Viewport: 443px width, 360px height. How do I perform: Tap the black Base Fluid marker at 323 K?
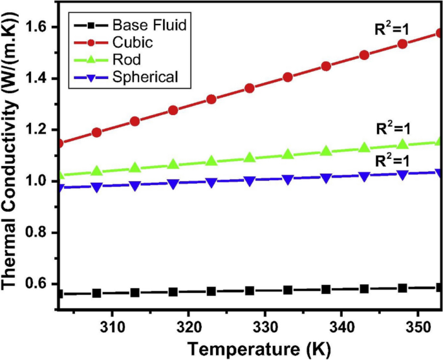211,291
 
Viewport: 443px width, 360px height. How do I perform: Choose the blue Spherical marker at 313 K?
135,185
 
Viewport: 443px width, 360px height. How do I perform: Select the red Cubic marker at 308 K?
97,132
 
